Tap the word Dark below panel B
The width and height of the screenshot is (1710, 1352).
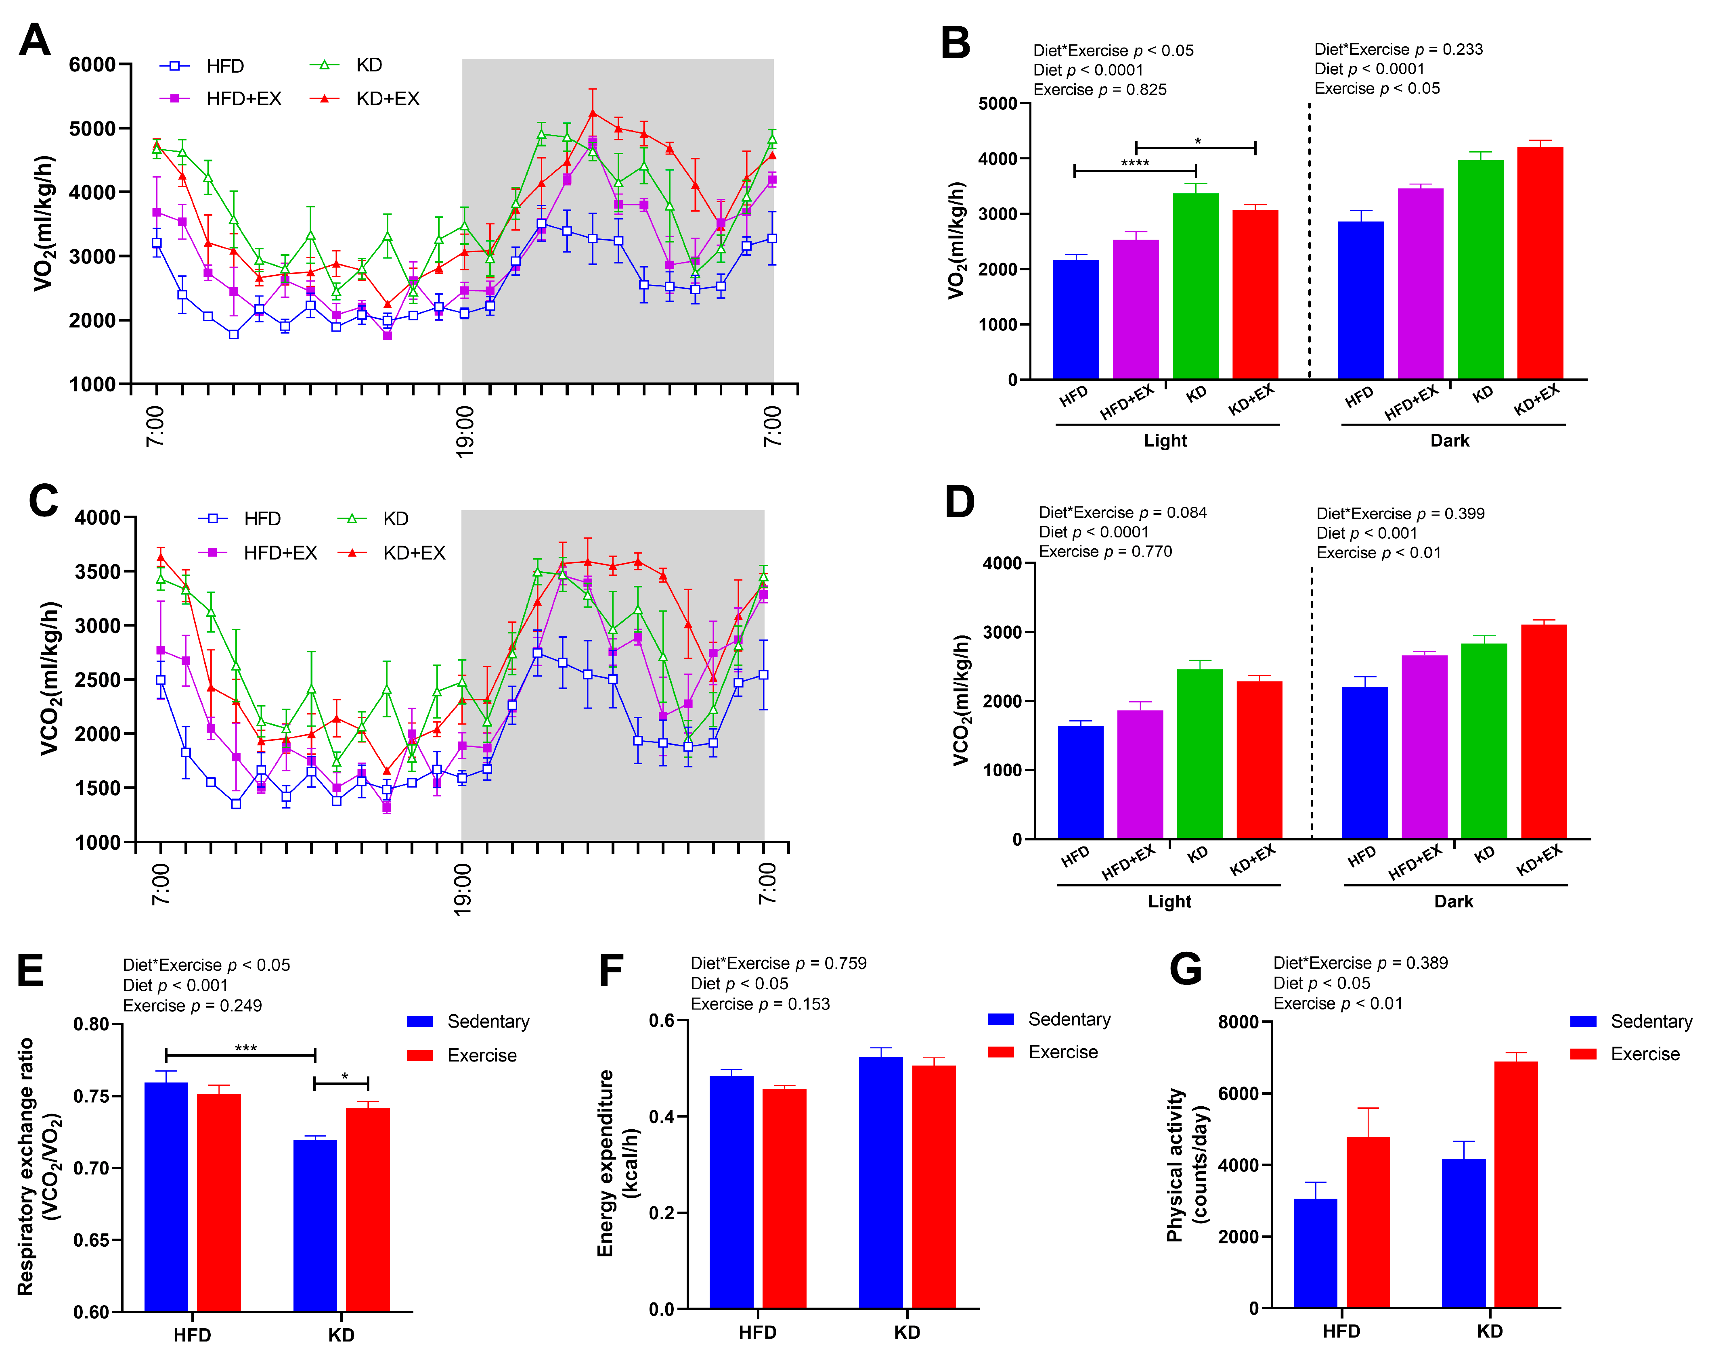pyautogui.click(x=1449, y=441)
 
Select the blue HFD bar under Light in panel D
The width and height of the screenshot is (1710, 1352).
pyautogui.click(x=1080, y=782)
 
